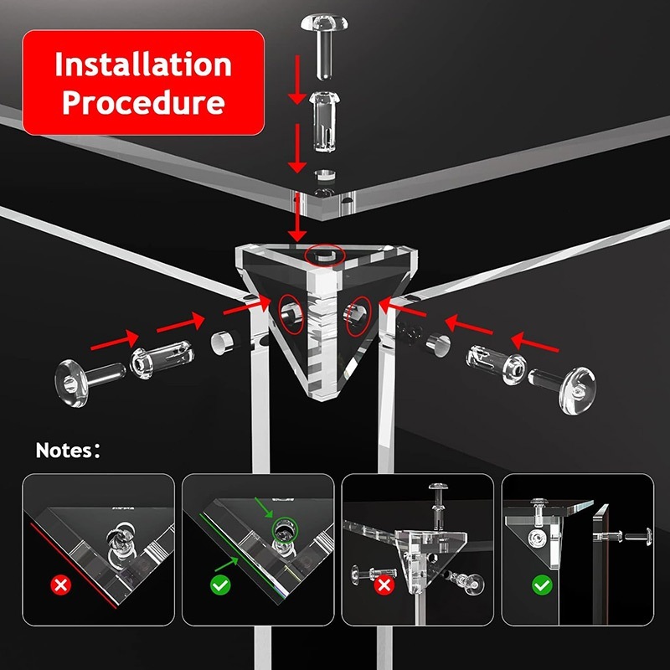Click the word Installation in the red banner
143,64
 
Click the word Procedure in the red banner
143,102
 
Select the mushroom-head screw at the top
324,45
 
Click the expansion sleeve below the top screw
324,121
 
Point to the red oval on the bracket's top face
325,255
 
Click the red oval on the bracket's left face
291,313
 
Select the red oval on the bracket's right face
358,317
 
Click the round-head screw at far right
562,388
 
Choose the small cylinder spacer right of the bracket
438,344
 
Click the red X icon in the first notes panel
60,585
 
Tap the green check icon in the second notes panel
220,585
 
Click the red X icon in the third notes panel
384,585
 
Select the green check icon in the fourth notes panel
542,585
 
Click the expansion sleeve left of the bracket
162,359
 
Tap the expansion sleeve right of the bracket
496,364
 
